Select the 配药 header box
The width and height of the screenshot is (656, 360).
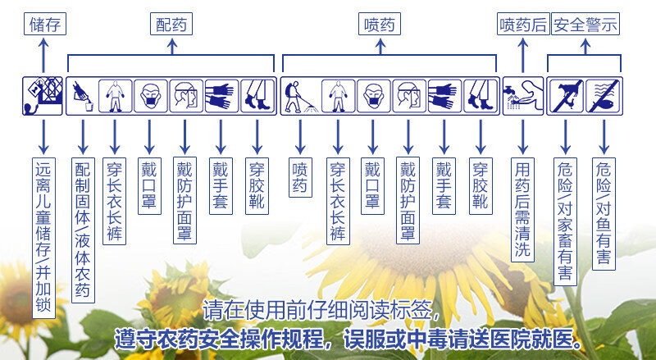(171, 25)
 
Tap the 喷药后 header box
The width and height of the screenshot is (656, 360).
(523, 25)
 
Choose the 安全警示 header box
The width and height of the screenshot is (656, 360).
(585, 25)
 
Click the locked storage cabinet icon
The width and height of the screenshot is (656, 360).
(43, 95)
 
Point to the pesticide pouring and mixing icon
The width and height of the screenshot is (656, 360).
(82, 95)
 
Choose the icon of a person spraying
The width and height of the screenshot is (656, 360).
(298, 95)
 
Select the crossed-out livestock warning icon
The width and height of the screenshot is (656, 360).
(566, 95)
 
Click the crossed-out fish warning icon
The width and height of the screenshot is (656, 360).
(604, 95)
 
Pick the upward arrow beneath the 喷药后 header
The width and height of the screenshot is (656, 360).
(523, 55)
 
